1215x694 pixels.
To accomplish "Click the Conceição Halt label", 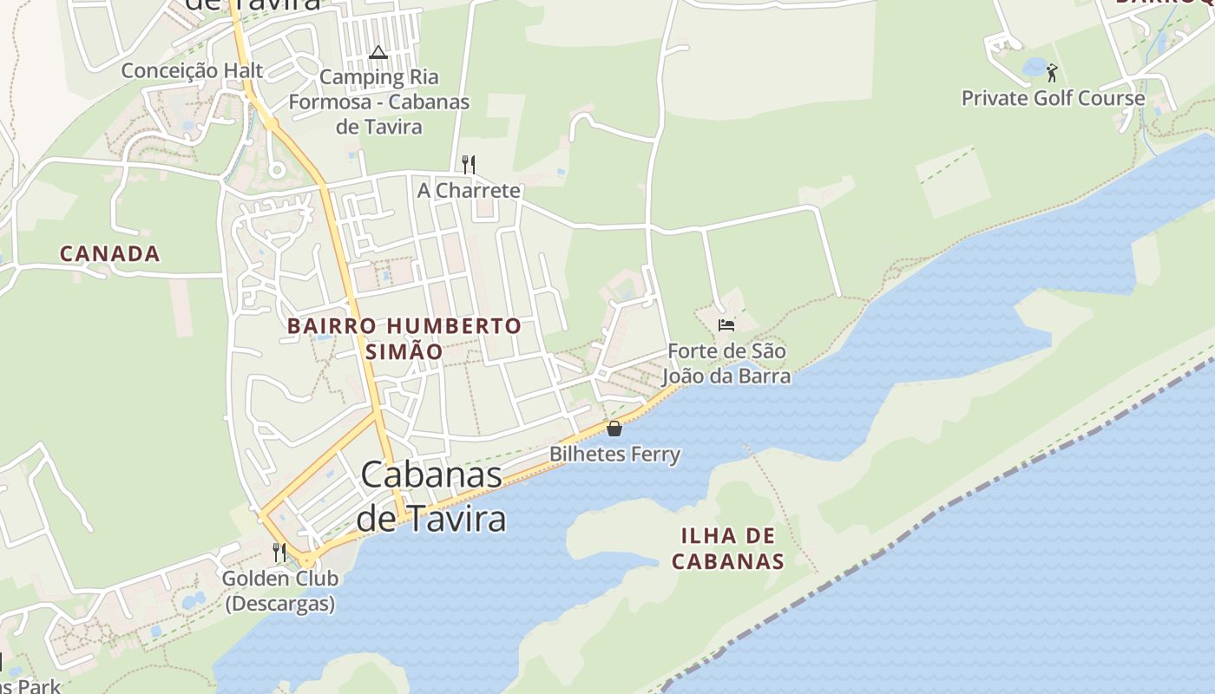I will point(192,70).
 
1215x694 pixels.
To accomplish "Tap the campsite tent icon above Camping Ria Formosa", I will point(378,52).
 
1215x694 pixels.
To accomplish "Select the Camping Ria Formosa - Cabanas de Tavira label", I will point(379,101).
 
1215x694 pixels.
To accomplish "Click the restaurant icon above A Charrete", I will point(469,164).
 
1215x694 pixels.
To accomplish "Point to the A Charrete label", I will point(469,190).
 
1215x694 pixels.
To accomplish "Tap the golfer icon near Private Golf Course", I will point(1052,72).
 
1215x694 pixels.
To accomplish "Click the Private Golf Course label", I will point(1053,98).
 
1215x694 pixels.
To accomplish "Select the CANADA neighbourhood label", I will point(109,253).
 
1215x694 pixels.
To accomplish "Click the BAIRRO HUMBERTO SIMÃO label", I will point(404,338).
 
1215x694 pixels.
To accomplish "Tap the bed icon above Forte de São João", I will point(726,325).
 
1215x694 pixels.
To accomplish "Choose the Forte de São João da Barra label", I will point(726,363).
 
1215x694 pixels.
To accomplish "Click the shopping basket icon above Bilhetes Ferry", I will point(614,429).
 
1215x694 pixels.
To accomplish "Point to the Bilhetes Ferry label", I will point(614,454).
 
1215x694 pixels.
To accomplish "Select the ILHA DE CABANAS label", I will point(727,547).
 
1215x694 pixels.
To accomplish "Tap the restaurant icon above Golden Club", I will point(279,552).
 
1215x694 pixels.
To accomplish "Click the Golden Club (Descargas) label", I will point(279,591).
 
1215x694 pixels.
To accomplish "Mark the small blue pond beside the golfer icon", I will point(1034,66).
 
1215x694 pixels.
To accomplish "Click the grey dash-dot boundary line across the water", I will point(955,503).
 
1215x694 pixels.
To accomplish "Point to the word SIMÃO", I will point(404,351).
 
